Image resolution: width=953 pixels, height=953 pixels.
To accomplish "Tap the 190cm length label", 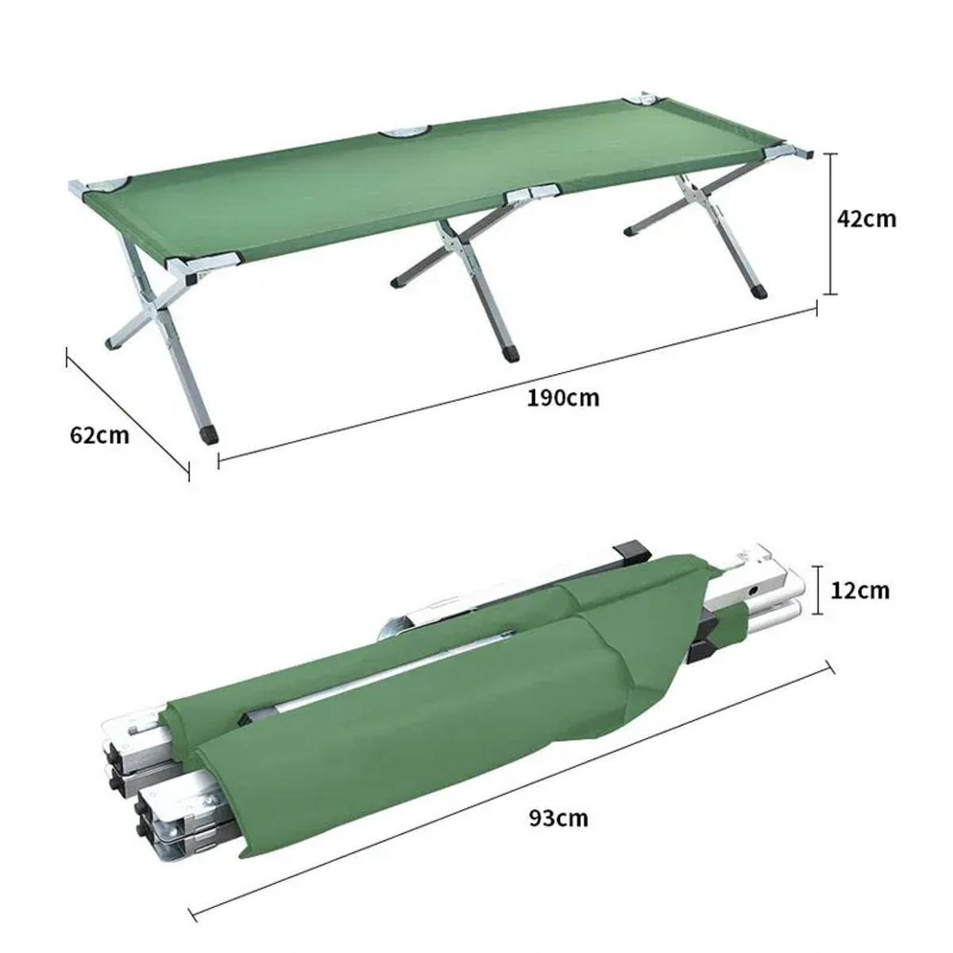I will click(563, 397).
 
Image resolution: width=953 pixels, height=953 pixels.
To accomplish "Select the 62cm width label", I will click(99, 434).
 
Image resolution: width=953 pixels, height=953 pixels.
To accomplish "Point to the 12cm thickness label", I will click(860, 590).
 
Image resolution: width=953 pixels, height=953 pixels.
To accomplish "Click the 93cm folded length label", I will click(558, 817).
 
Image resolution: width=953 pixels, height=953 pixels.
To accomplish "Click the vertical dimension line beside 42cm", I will click(831, 223).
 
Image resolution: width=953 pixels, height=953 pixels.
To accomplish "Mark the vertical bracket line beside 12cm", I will click(819, 590).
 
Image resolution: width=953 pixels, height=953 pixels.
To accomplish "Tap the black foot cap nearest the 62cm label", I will click(210, 434).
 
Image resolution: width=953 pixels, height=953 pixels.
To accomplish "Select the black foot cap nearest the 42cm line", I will click(759, 291).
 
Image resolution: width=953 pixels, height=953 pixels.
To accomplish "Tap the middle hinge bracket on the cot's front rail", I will click(532, 193).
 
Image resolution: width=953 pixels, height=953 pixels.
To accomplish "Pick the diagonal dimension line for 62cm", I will click(127, 413).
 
